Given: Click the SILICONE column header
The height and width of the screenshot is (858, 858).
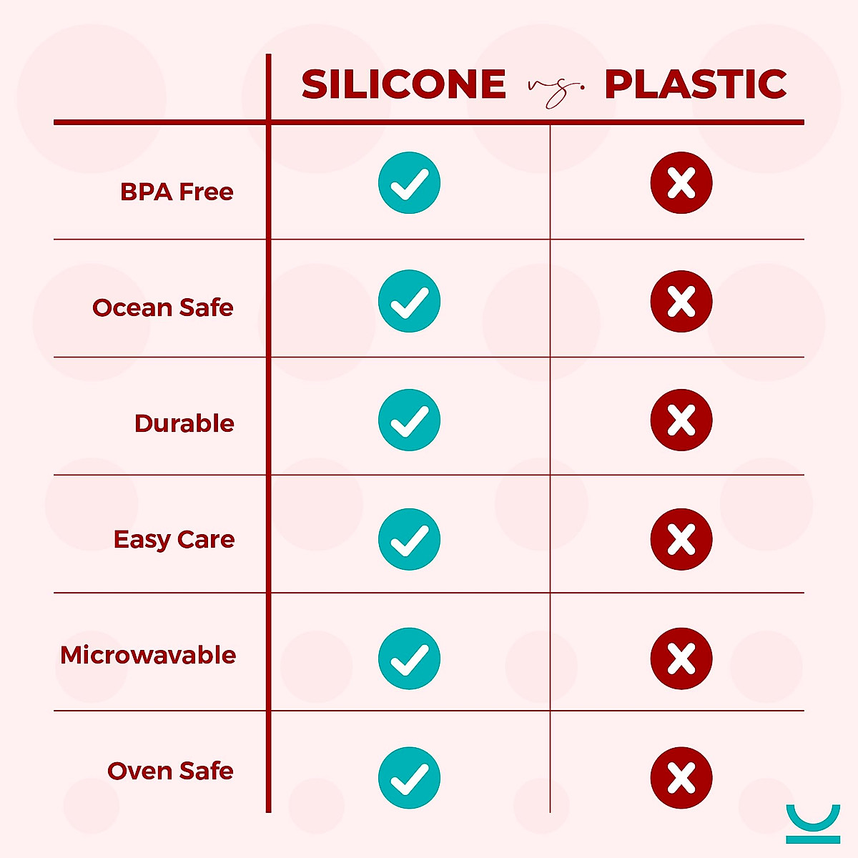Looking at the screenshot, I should point(404,84).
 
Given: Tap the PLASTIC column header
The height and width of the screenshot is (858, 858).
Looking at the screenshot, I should point(695,84).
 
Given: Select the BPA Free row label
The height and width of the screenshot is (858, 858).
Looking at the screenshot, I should point(177,192).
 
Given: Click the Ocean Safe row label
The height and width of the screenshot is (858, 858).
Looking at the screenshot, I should point(163,307).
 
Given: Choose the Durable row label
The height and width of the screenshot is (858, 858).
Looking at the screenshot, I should point(184,423).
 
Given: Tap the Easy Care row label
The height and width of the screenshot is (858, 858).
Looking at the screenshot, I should point(174,539).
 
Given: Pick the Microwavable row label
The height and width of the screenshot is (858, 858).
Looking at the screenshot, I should point(148,655).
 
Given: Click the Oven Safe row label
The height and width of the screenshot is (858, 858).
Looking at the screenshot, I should point(170,771).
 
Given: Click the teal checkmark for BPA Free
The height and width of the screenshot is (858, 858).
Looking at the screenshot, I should point(409,183).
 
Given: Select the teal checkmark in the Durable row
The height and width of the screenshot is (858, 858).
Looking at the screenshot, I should point(409,420).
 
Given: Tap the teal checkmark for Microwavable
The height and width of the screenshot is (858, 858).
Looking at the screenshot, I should point(409,659).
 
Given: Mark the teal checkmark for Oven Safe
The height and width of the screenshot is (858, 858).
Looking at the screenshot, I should point(409,778).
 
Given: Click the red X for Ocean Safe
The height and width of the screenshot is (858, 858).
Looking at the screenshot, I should point(681,302).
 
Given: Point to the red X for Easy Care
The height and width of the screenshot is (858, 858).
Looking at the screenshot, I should point(681,539).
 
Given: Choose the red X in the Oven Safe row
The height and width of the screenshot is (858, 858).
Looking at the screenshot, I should point(681,778).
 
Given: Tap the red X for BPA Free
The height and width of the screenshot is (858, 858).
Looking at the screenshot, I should point(681,183).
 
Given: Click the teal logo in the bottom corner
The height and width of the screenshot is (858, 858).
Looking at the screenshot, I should point(813,824).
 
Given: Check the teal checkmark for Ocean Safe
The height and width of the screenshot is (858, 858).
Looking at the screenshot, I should point(409,302).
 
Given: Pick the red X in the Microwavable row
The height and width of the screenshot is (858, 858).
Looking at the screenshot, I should point(681,659).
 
